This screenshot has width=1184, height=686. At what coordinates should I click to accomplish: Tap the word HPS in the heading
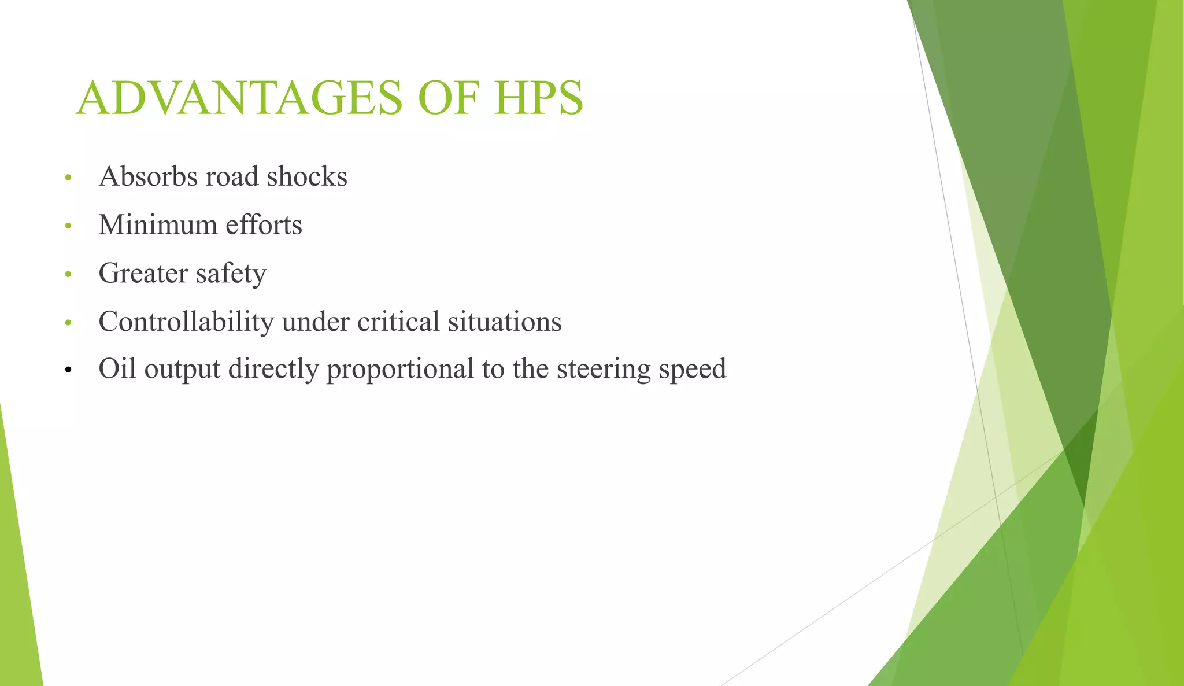[538, 98]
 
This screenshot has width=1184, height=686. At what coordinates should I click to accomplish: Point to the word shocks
[307, 176]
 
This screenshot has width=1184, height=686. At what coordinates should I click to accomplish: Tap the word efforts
[264, 225]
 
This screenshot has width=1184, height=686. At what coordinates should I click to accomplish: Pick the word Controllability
[186, 322]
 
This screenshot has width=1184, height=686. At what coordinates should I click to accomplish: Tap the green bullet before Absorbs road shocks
[68, 178]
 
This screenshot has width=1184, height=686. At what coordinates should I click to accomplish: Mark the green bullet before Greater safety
[68, 274]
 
